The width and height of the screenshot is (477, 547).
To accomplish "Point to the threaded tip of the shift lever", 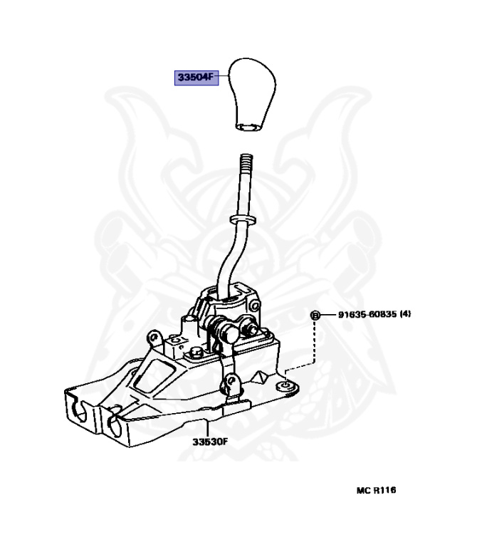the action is point(247,163).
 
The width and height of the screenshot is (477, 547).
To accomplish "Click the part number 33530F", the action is point(209,442).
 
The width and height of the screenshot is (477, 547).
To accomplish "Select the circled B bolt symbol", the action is point(314,315).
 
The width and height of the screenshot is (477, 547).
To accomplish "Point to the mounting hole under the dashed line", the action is point(285,385).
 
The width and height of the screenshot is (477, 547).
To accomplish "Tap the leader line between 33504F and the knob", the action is point(223,75).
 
